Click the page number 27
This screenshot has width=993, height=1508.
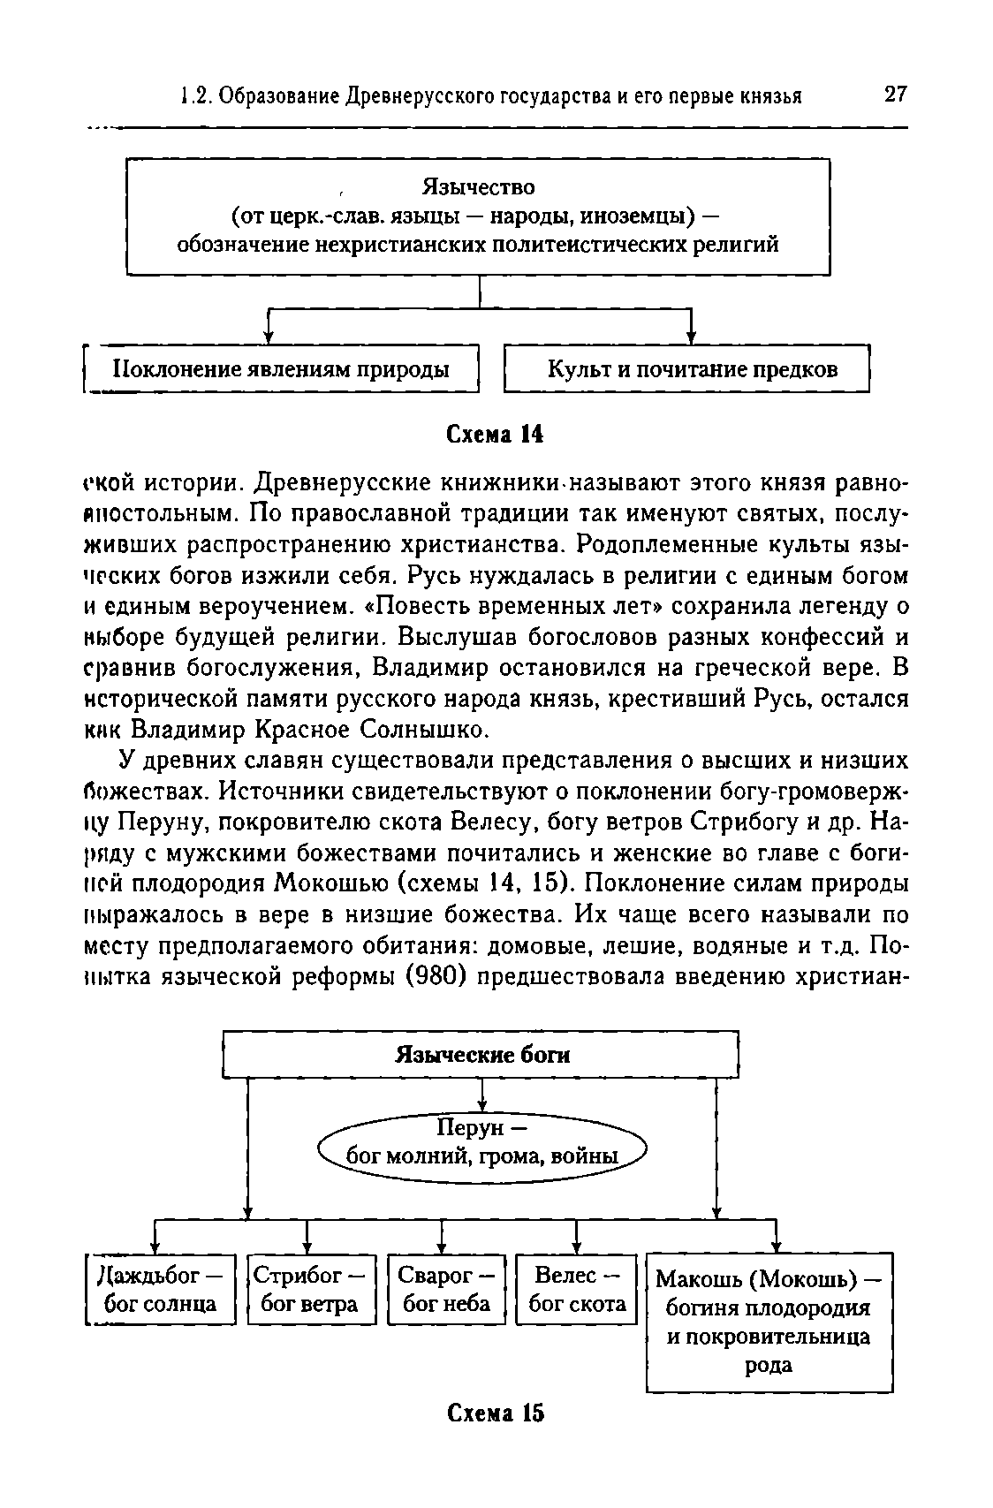(894, 95)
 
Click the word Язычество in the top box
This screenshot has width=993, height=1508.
(478, 187)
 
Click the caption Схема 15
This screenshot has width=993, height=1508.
(495, 1413)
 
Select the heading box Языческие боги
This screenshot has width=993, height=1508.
(481, 1055)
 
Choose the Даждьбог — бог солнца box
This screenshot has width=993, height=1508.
(160, 1289)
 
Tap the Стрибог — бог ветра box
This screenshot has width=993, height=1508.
(311, 1289)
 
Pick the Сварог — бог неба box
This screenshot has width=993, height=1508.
(447, 1289)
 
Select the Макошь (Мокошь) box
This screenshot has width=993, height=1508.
(769, 1321)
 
